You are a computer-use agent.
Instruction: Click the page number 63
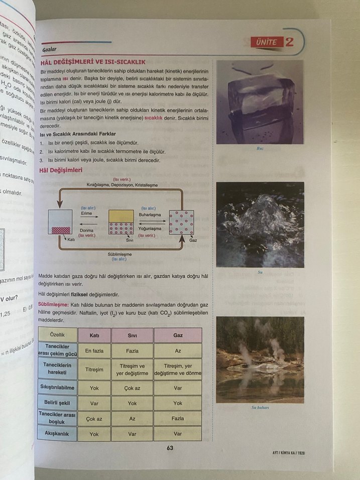point(170,448)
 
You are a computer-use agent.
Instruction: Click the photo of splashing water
point(260,224)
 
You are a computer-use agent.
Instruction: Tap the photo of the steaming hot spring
point(260,359)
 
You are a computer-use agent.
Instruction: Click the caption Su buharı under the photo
point(261,407)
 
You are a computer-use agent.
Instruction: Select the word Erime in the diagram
point(86,213)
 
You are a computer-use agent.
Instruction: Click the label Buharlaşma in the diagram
point(150,214)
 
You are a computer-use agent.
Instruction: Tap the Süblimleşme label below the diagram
point(120,254)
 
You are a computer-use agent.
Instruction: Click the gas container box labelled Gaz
point(181,222)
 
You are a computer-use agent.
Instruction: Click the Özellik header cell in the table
point(57,335)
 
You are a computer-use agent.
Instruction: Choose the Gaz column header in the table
point(178,335)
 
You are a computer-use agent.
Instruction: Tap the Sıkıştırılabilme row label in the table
point(57,387)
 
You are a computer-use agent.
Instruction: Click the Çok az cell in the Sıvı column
point(133,388)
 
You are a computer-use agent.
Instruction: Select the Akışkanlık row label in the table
point(57,433)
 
